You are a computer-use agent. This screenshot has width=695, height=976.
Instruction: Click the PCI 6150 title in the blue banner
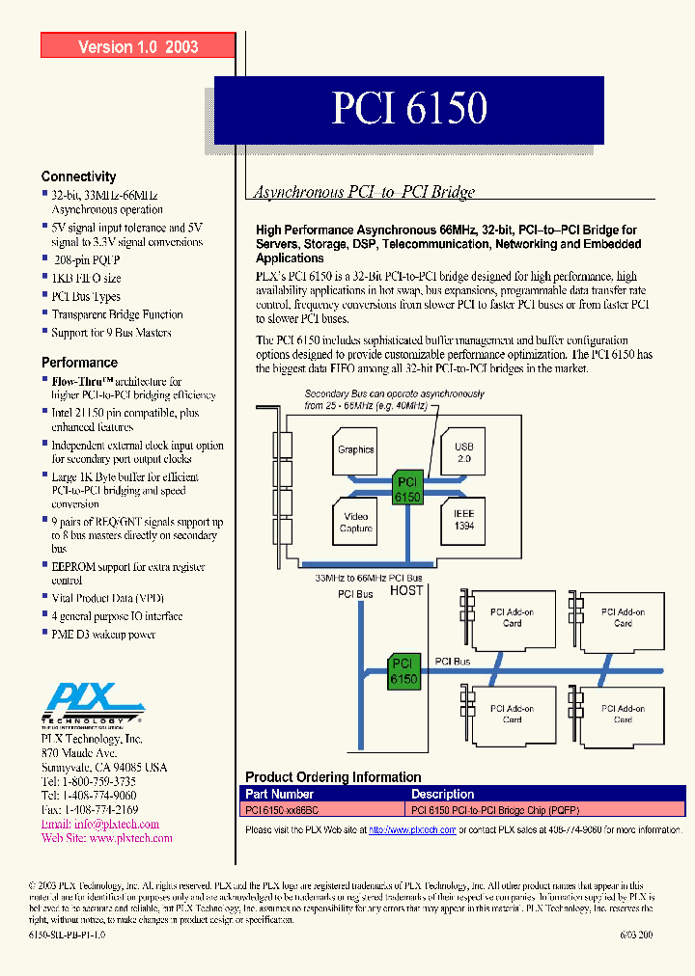(409, 108)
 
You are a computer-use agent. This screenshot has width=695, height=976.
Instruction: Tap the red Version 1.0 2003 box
(138, 46)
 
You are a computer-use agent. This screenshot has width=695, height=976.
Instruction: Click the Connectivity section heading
(78, 176)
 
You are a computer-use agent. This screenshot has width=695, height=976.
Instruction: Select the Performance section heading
(79, 363)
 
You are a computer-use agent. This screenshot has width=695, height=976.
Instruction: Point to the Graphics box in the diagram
(355, 449)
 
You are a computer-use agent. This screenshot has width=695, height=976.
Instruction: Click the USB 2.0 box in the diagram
(463, 453)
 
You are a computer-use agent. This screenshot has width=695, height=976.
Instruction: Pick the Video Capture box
(355, 521)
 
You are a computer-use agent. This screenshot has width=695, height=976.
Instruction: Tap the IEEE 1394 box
(463, 520)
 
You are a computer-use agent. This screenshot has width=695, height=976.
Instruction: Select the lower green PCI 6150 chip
(403, 671)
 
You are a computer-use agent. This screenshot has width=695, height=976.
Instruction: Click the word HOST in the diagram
(405, 590)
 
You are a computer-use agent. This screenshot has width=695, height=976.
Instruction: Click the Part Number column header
(279, 794)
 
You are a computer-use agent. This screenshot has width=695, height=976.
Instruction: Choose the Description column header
(442, 794)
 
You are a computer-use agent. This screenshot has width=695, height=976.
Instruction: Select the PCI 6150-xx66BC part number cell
(280, 810)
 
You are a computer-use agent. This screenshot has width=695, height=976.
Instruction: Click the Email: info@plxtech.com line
(99, 825)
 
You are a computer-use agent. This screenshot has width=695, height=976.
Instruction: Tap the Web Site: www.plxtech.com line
(106, 838)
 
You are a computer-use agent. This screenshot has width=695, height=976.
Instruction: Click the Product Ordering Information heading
(333, 777)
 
